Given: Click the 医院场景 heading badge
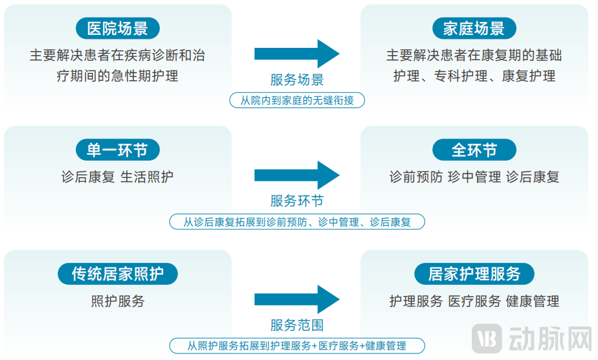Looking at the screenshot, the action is [118, 28].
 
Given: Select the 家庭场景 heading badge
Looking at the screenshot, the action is [474, 28].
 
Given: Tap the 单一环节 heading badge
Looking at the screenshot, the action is [118, 150].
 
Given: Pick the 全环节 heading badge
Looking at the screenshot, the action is [474, 150].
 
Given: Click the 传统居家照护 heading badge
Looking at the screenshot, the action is [118, 274].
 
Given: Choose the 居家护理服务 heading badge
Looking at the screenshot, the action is [474, 274].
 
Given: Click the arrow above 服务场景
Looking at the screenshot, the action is [296, 54].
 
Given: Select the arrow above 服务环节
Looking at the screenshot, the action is [296, 175].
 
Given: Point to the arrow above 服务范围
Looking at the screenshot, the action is [296, 299].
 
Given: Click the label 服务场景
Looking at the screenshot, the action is [296, 80].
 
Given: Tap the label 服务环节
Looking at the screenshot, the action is [296, 201].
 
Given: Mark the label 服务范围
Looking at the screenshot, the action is [296, 325].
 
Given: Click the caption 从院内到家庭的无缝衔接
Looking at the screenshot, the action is [296, 100].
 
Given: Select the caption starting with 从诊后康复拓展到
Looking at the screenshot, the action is [296, 222].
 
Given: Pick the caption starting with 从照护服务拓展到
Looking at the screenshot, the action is [296, 346].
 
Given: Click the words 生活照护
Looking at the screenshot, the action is [147, 177].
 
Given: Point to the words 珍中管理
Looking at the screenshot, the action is [474, 177].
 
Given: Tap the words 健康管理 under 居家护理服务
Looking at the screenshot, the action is [533, 301].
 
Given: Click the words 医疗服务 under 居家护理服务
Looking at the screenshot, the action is [474, 301].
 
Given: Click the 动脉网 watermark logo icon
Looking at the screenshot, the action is [487, 339].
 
